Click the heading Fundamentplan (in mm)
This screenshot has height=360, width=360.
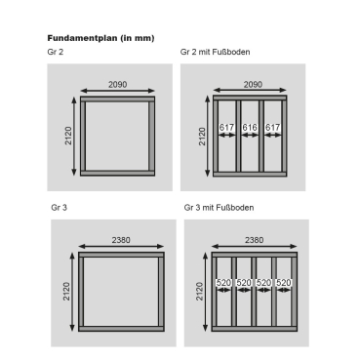coord(100,38)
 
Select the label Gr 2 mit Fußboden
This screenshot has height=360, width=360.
coord(215,52)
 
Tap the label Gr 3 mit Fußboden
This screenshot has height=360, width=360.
coord(219,208)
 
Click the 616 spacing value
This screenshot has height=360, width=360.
coord(250,127)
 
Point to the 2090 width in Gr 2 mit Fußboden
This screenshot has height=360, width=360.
coord(253,85)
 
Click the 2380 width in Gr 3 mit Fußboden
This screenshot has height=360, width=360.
coord(254,240)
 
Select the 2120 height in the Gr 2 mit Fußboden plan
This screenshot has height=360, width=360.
coord(202,137)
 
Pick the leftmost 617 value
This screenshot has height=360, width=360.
coord(226,127)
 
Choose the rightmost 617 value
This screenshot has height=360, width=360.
coord(272,127)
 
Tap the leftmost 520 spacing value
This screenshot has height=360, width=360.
coord(223,283)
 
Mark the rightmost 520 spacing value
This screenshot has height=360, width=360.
coord(284,283)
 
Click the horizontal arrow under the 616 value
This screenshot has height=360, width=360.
coord(250,135)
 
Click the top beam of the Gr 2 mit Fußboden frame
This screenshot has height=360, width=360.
coord(250,98)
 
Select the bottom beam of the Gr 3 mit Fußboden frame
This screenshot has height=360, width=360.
coord(255,329)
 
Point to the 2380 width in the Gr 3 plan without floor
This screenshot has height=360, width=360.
coord(121,240)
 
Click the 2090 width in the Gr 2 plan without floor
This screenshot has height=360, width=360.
coord(117,85)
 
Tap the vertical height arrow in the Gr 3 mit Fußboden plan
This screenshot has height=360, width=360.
coord(205,292)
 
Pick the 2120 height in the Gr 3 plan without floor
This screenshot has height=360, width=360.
coord(66,292)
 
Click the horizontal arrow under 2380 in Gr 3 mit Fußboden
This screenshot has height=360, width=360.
coord(255,246)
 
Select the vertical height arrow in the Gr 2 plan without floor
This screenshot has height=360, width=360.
coord(74,137)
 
